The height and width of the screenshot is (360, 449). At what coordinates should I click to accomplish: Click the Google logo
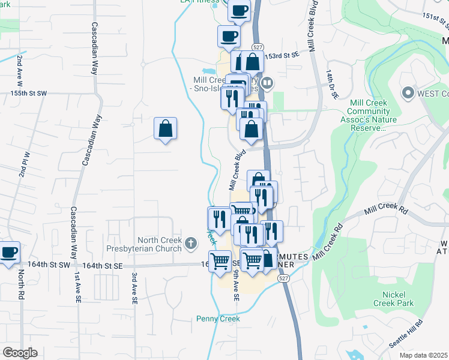pyautogui.click(x=20, y=353)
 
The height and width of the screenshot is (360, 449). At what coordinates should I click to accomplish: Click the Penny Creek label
pyautogui.click(x=218, y=319)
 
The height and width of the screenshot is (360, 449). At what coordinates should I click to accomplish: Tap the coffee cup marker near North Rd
pyautogui.click(x=9, y=252)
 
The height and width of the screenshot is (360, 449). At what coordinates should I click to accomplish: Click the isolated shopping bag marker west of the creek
pyautogui.click(x=165, y=128)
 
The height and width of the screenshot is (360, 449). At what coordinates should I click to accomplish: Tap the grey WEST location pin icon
pyautogui.click(x=408, y=93)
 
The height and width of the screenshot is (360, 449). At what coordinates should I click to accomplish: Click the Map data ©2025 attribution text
pyautogui.click(x=423, y=355)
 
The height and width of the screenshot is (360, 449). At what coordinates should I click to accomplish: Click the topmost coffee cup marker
pyautogui.click(x=240, y=10)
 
